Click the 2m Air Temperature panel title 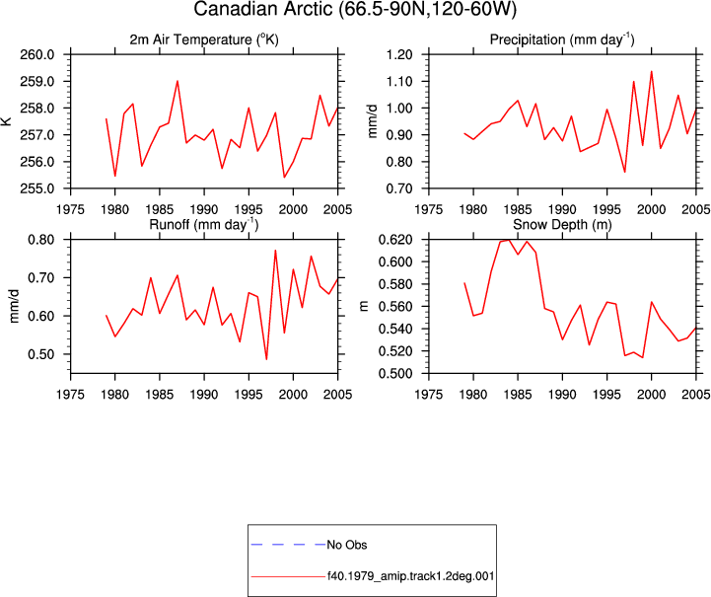click(x=204, y=39)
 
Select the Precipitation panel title click(x=562, y=39)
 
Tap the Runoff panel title click(x=203, y=225)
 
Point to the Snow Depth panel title click(x=562, y=225)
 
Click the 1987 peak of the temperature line click(x=178, y=81)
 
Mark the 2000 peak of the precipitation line click(x=651, y=71)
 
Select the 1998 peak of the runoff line click(x=275, y=251)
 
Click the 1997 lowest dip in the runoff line click(x=266, y=359)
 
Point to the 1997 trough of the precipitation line click(x=625, y=172)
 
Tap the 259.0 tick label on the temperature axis click(x=36, y=82)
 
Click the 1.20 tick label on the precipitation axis click(x=399, y=55)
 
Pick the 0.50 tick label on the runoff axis click(x=40, y=354)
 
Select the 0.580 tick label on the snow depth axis click(x=395, y=284)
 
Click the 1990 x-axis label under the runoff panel click(x=204, y=395)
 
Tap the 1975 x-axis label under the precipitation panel click(x=429, y=209)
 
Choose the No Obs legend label click(x=347, y=545)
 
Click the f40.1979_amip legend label click(x=410, y=576)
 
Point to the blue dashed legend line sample click(x=288, y=545)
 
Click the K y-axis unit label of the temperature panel click(x=7, y=121)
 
